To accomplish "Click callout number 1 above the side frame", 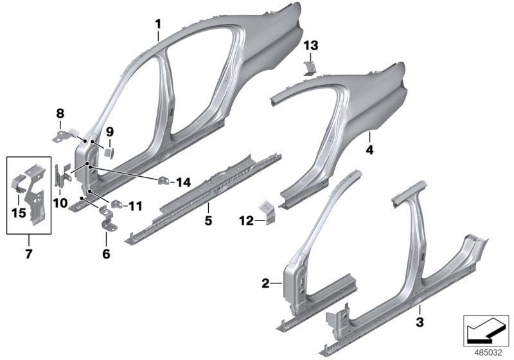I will tap(158, 24).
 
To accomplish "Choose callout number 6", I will tap(106, 253).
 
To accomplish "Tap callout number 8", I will tap(60, 114).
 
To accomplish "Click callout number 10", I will tap(60, 203).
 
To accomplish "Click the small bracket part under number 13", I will tap(309, 67).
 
